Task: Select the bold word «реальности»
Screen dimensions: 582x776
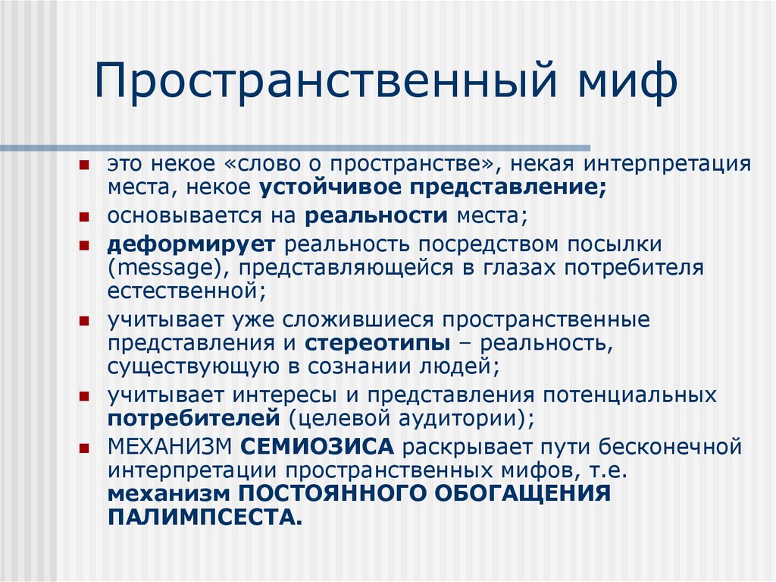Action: tap(377, 215)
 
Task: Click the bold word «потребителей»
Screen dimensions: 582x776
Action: tap(194, 418)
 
